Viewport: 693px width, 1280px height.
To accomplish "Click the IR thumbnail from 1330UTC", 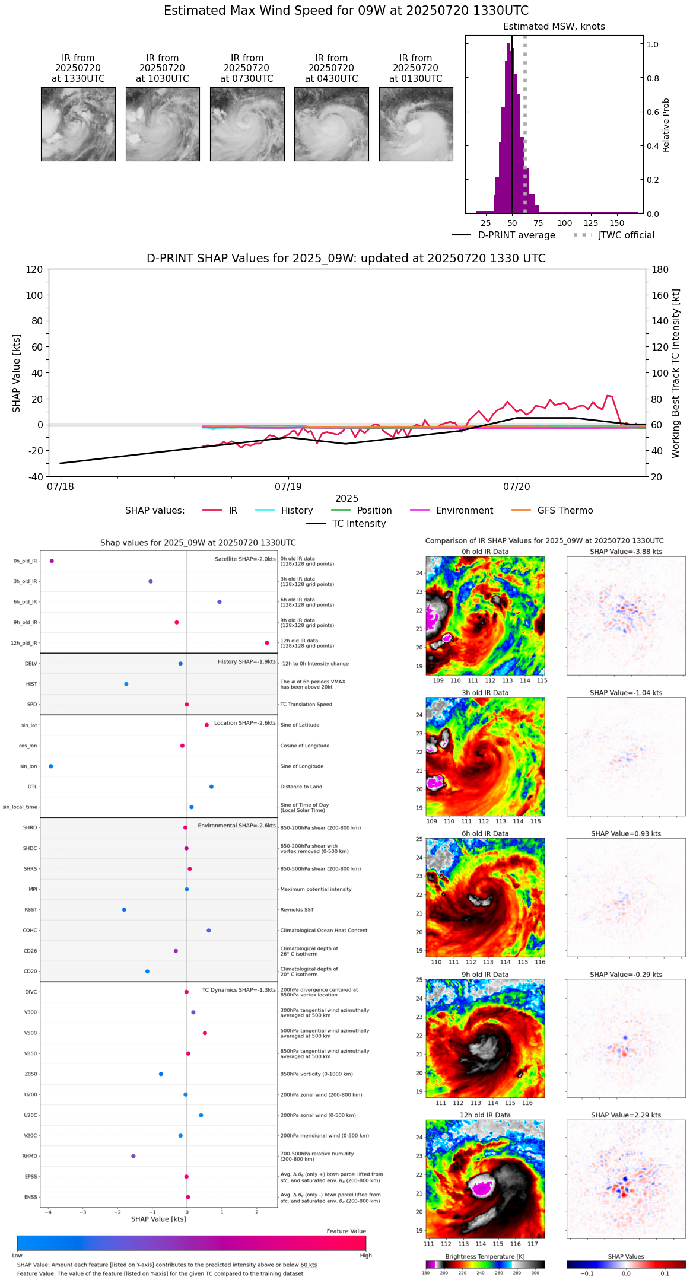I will tap(78, 124).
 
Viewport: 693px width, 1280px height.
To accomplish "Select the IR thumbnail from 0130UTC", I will tap(416, 124).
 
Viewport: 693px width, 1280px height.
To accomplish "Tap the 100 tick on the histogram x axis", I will tap(564, 223).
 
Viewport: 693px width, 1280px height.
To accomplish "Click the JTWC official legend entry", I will tap(626, 235).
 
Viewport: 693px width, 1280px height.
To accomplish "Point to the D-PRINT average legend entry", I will tap(516, 235).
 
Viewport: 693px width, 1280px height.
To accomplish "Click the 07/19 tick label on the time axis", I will tap(288, 487).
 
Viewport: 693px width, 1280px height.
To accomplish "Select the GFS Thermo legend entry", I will tap(565, 511).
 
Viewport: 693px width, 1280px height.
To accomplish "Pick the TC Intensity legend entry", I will tap(358, 524).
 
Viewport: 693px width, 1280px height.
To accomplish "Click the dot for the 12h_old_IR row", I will tap(267, 643).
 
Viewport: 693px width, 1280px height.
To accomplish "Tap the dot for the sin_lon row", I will tap(51, 766).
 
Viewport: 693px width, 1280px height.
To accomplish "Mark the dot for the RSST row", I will tap(124, 910).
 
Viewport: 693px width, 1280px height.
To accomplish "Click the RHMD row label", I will tap(30, 1156).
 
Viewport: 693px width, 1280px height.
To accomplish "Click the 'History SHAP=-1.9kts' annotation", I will tap(246, 662).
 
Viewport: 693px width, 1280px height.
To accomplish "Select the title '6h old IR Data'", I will tap(485, 833).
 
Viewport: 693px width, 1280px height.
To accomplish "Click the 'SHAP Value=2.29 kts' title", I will tap(626, 1115).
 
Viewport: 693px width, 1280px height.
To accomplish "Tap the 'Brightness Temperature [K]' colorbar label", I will tap(485, 1256).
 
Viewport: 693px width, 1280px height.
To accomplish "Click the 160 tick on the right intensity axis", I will tap(660, 295).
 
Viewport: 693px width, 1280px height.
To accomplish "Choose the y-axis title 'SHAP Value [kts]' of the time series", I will tap(17, 373).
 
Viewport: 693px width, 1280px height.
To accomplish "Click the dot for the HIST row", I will tap(126, 684).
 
